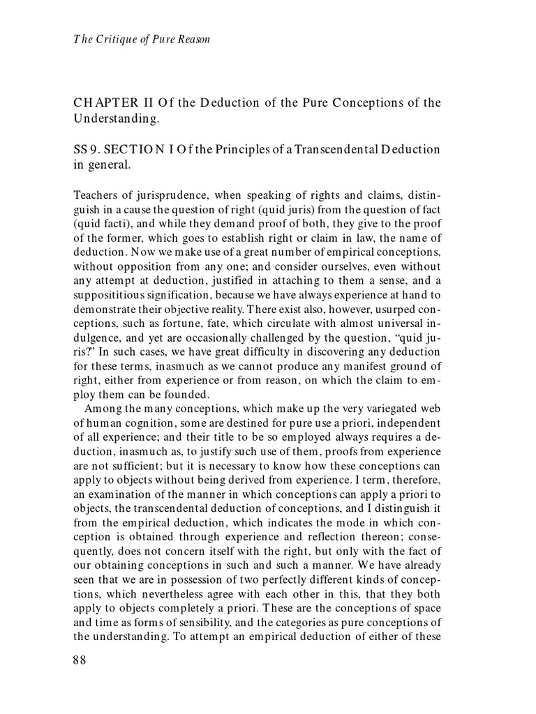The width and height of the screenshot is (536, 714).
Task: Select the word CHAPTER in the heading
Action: pyautogui.click(x=105, y=104)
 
